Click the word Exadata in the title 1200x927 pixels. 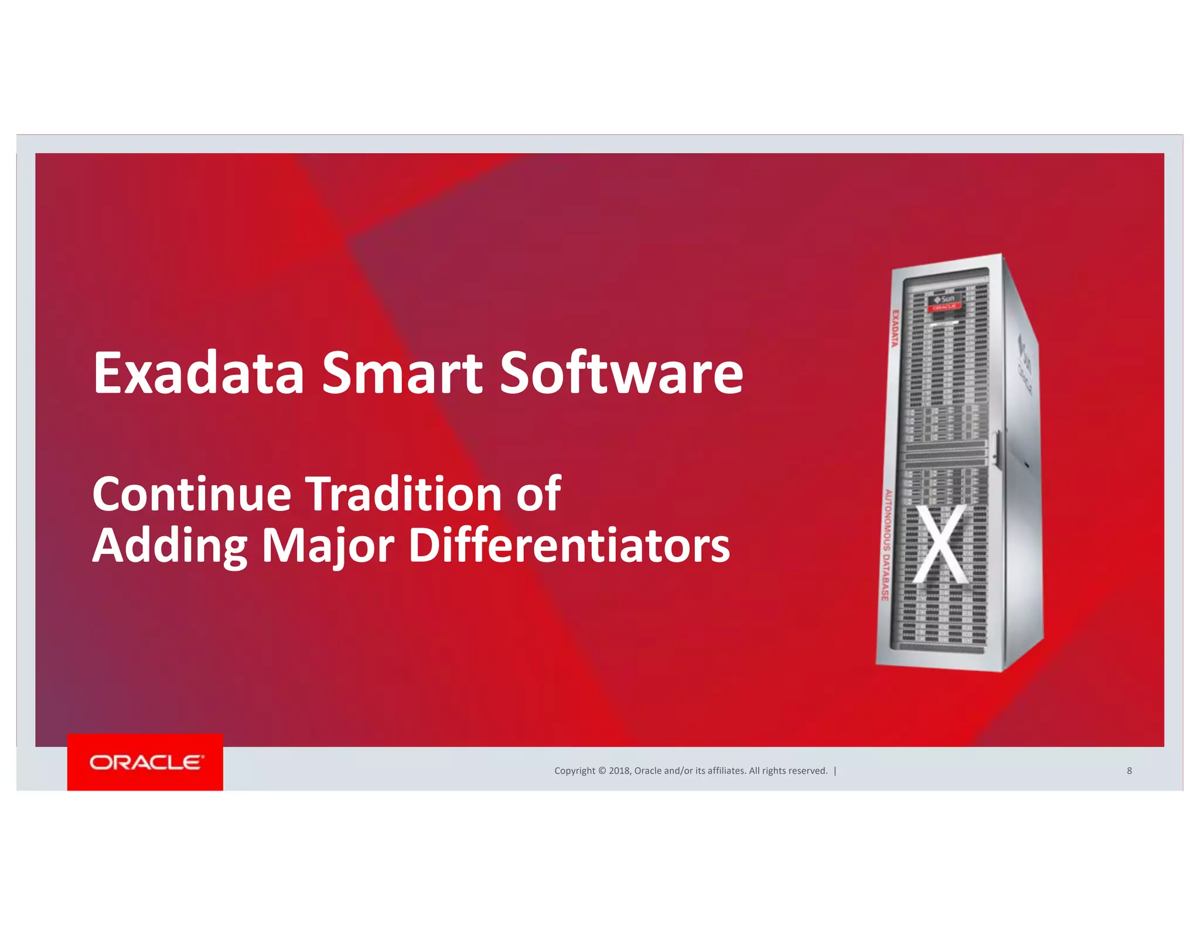(x=198, y=373)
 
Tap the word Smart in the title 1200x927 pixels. (x=402, y=373)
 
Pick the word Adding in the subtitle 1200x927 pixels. (x=170, y=546)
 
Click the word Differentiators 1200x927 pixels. (x=569, y=546)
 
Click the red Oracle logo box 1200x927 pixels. (x=145, y=762)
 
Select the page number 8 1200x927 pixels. (x=1129, y=771)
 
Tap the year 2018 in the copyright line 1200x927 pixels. (x=619, y=771)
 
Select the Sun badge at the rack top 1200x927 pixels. (x=944, y=299)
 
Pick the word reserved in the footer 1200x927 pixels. (x=807, y=771)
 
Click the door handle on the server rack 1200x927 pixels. (x=996, y=448)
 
